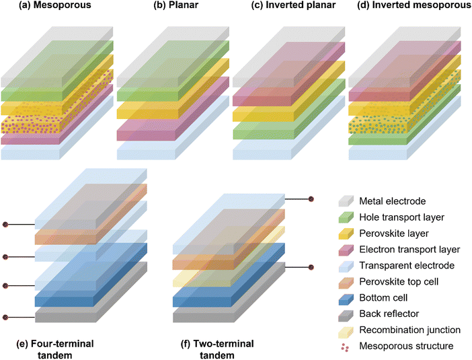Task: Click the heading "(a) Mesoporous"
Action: pyautogui.click(x=54, y=5)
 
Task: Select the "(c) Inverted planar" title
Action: pyautogui.click(x=294, y=5)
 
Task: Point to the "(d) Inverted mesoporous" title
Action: pyautogui.click(x=414, y=5)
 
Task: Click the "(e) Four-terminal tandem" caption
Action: pyautogui.click(x=54, y=349)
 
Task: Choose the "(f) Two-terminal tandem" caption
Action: pyautogui.click(x=217, y=349)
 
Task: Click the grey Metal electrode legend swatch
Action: pyautogui.click(x=346, y=201)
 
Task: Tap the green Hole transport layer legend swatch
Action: pyautogui.click(x=346, y=217)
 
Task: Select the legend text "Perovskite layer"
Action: pyautogui.click(x=394, y=233)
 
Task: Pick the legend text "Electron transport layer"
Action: pyautogui.click(x=409, y=250)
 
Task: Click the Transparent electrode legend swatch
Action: pyautogui.click(x=346, y=265)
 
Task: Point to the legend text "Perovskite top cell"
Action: pyautogui.click(x=399, y=282)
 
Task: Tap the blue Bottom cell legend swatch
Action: pyautogui.click(x=346, y=297)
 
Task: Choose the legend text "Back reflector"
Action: pyautogui.click(x=389, y=314)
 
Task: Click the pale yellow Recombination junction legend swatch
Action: pyautogui.click(x=346, y=330)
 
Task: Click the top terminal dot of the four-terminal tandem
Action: pyautogui.click(x=5, y=225)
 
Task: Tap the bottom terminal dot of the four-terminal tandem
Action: pyautogui.click(x=5, y=317)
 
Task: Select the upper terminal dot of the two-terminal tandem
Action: pyautogui.click(x=311, y=199)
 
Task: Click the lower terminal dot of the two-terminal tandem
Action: pyautogui.click(x=311, y=267)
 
